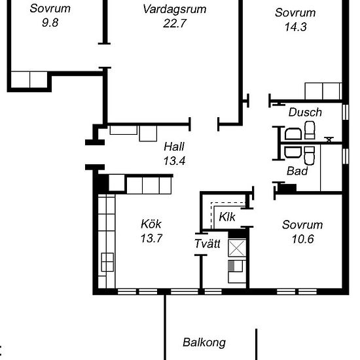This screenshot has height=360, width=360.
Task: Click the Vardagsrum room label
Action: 175,9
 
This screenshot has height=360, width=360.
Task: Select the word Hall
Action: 175,146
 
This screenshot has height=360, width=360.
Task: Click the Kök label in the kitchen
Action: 151,224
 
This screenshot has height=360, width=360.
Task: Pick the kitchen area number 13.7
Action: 151,238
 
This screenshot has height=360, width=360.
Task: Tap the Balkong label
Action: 204,342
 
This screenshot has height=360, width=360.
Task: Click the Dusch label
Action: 305,112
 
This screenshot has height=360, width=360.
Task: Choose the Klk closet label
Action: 227,217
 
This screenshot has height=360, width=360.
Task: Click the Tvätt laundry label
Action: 207,244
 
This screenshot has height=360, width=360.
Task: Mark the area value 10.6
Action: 302,239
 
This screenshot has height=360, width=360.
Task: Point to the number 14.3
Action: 295,27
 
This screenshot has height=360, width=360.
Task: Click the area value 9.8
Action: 45,24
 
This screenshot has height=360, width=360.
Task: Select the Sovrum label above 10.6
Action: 302,225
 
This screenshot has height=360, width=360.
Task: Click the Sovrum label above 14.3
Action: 295,12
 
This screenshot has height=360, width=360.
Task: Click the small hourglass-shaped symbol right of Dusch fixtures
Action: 329,139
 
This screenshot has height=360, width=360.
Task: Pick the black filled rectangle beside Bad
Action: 286,189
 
